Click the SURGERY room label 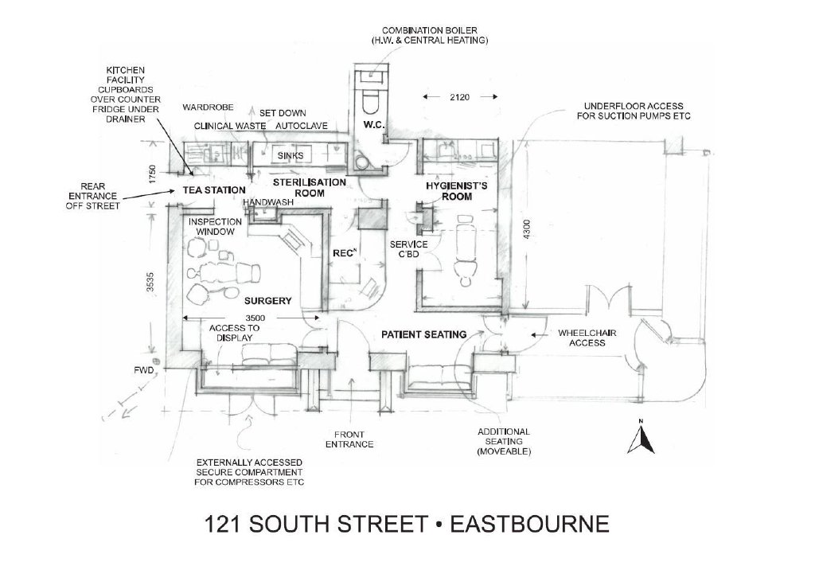267,300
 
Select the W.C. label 374,125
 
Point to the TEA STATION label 213,190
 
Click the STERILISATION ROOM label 310,188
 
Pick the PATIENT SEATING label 423,334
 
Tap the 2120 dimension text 459,96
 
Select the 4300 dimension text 527,229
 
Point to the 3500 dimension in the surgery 255,318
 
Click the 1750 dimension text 152,174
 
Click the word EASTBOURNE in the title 529,524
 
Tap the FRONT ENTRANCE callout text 349,439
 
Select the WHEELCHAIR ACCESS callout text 587,338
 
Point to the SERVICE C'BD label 409,248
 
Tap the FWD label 143,371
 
